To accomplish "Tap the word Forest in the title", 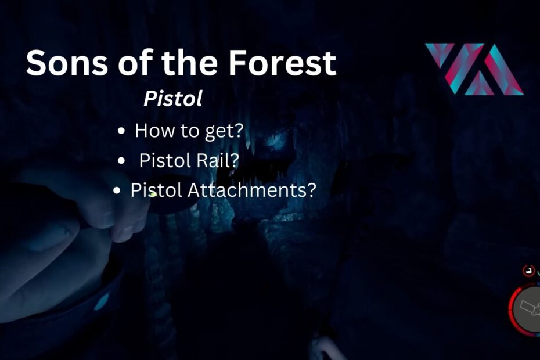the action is coord(282,62).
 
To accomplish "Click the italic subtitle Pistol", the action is coord(173,99).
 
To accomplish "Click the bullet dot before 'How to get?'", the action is coord(121,131).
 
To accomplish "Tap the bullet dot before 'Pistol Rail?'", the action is coord(121,161).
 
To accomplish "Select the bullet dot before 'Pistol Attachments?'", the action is coord(117,190).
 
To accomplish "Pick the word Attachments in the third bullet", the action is coord(246,190).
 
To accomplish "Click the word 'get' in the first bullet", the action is coord(216,132).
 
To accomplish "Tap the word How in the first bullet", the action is coord(154,131).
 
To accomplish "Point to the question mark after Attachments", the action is coord(311,190).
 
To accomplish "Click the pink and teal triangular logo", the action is coord(474,69).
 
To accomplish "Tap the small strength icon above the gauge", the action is coord(528,271).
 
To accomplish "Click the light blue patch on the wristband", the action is coord(102,302).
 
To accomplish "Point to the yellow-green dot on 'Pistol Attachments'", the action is coord(153,195).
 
